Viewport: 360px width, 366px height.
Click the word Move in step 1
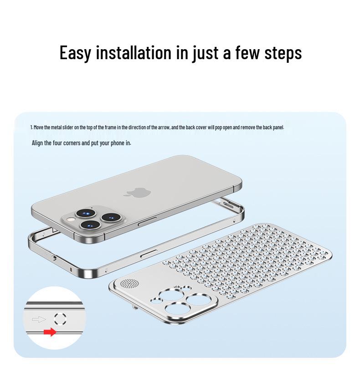coord(38,127)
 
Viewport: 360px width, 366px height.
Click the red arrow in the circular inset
coord(50,332)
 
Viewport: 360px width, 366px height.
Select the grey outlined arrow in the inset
coord(39,319)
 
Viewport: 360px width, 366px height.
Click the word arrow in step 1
coord(162,127)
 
